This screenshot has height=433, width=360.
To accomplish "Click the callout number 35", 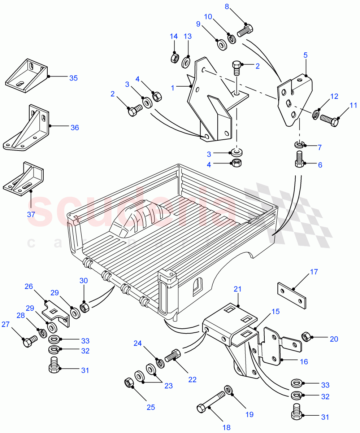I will coord(73,78).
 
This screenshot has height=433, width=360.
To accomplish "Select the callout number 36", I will coord(74,127).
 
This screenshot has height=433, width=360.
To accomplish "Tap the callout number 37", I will coord(31,214).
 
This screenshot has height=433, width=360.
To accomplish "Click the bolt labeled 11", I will coord(329,120).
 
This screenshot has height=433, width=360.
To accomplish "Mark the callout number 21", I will coord(237,289).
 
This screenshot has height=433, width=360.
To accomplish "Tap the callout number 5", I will coord(305,55).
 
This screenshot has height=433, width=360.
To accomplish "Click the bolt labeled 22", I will coord(173,356).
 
